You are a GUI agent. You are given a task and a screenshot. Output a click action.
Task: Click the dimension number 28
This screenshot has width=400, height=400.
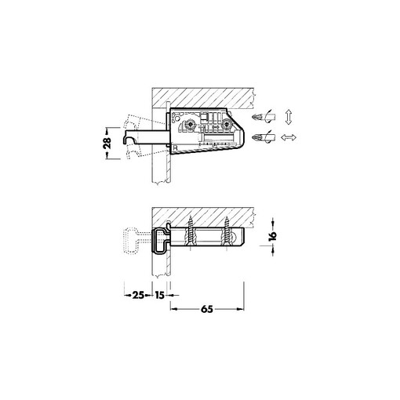pyautogui.click(x=107, y=143)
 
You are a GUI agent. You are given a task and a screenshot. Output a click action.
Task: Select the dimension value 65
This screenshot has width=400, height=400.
pyautogui.click(x=207, y=309)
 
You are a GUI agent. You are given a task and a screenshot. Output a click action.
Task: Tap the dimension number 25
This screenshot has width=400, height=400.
pyautogui.click(x=139, y=295)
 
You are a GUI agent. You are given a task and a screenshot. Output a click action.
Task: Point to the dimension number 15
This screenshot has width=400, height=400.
pyautogui.click(x=159, y=295)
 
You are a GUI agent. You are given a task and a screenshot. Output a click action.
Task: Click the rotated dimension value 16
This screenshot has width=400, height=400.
pyautogui.click(x=272, y=235)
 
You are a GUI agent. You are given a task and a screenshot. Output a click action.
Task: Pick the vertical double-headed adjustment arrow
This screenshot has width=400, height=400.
pyautogui.click(x=288, y=118)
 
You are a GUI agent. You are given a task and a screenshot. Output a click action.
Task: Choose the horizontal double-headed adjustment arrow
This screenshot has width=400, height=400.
pyautogui.click(x=289, y=137)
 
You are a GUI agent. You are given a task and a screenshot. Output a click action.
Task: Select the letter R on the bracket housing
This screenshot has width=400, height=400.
pyautogui.click(x=176, y=148)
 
